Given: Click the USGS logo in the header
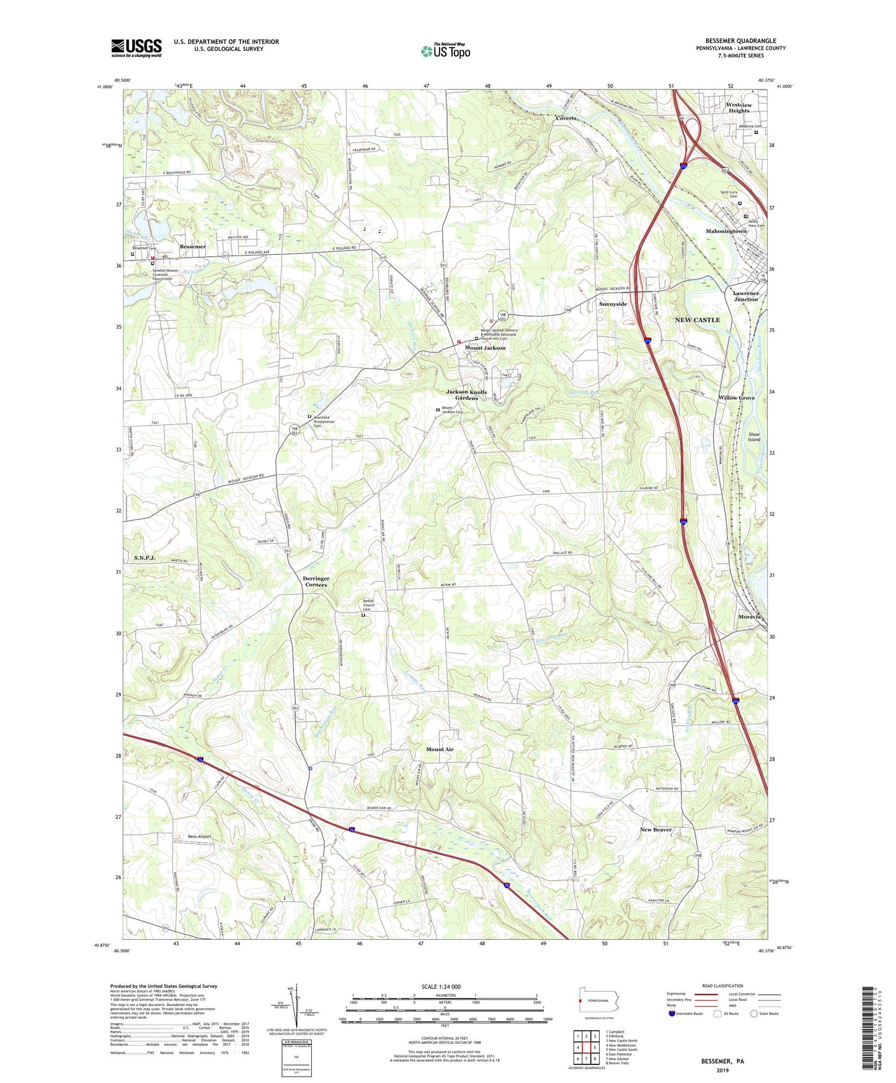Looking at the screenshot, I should click(136, 48).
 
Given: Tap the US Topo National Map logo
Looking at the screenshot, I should click(445, 50).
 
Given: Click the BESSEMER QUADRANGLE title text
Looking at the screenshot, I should click(740, 41).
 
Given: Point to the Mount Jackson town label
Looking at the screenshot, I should click(485, 348).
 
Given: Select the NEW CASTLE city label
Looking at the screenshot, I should click(698, 319).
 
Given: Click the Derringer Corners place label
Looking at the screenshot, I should click(316, 581).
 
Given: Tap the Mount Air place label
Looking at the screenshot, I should click(440, 749).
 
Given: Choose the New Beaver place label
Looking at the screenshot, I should click(655, 829).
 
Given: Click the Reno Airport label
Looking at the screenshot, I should click(200, 837).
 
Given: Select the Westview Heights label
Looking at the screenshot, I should click(739, 108).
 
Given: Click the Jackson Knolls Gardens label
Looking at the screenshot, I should click(466, 395).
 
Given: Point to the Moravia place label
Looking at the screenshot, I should click(749, 617).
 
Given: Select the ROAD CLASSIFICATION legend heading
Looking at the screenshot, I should click(722, 986).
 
